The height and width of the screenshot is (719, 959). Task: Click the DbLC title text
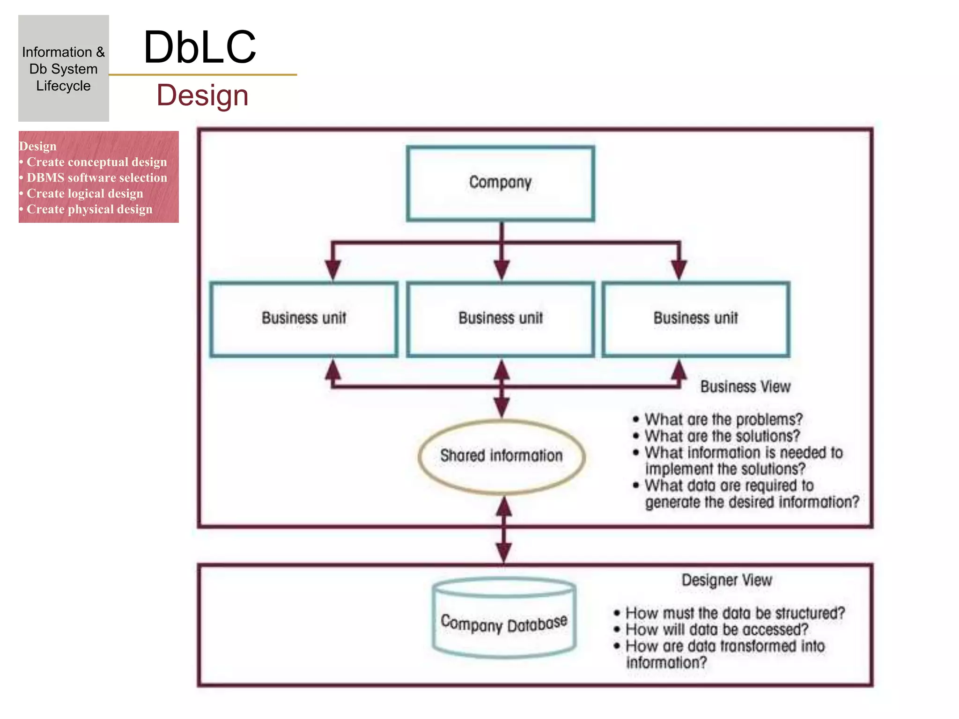[x=200, y=47]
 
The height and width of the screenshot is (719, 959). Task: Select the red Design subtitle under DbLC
[x=202, y=95]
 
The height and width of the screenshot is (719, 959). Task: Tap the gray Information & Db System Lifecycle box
[x=64, y=68]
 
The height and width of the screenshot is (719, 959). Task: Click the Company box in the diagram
[x=501, y=183]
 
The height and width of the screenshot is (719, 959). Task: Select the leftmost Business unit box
[x=304, y=319]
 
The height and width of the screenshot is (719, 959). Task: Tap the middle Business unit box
[x=501, y=319]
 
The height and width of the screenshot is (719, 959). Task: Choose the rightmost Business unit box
[x=696, y=319]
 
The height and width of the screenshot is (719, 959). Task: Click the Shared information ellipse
[x=502, y=456]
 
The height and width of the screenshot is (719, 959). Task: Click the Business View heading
[x=745, y=387]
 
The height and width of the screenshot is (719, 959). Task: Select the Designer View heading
[x=727, y=580]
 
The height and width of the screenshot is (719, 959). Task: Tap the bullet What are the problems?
[x=723, y=419]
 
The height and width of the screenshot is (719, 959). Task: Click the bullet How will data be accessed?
[x=716, y=630]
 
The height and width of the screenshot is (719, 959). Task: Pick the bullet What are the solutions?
[x=722, y=436]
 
